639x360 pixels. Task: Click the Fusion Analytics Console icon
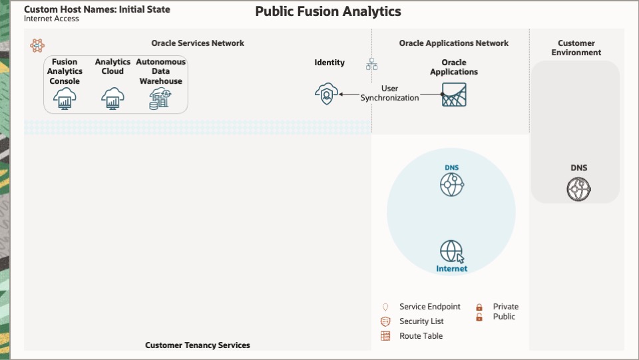(x=65, y=98)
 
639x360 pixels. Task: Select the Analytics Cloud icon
(x=112, y=98)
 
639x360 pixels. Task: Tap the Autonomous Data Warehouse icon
(x=160, y=98)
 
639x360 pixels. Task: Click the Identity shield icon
(x=326, y=94)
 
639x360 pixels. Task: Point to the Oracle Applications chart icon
(x=454, y=94)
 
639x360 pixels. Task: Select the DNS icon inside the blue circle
(x=451, y=184)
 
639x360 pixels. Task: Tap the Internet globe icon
(x=451, y=252)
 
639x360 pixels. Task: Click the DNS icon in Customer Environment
(x=578, y=190)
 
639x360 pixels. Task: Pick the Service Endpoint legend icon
(x=385, y=307)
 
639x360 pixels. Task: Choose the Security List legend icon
(x=385, y=321)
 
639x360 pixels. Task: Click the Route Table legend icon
(x=385, y=336)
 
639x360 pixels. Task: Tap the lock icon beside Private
(x=479, y=307)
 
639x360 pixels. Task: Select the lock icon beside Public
(x=479, y=317)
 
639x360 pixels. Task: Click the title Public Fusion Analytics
(x=328, y=12)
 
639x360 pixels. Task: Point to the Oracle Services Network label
(x=197, y=43)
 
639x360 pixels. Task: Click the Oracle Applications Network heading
(x=453, y=43)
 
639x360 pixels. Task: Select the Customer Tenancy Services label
(x=198, y=345)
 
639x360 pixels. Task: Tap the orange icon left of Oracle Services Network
(x=37, y=45)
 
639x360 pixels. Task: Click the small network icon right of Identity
(x=371, y=64)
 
